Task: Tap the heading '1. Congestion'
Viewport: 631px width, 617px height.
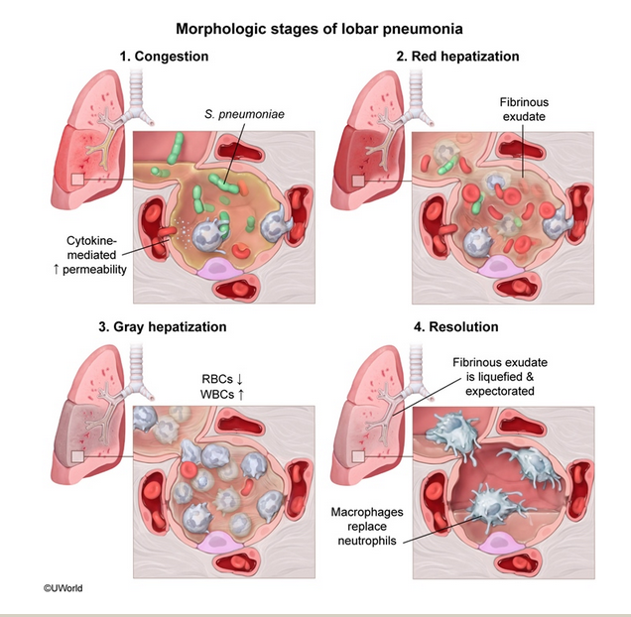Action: (x=164, y=57)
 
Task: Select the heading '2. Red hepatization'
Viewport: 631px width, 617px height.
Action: (x=457, y=57)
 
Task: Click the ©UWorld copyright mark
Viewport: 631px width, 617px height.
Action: (x=63, y=587)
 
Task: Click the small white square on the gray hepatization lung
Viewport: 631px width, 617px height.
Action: (x=76, y=454)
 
